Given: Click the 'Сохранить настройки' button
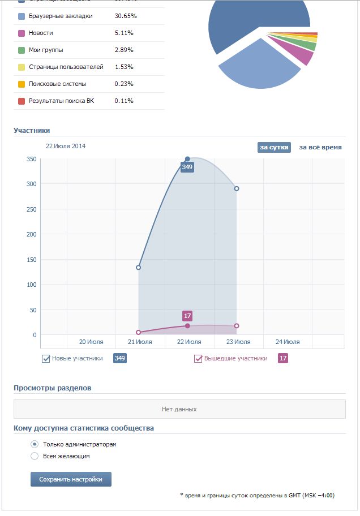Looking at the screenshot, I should (71, 479).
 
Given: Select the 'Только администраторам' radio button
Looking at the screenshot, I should (35, 444).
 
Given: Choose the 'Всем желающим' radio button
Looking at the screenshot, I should (35, 456).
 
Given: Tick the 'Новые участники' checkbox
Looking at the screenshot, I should (46, 359).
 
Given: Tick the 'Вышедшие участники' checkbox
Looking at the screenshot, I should (198, 359).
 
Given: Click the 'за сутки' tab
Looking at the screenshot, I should (275, 147).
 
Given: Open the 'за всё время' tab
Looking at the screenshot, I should (320, 147).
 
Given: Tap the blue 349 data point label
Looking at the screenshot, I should (187, 167).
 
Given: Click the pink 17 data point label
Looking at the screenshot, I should (188, 316).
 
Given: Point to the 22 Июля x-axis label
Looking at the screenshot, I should (189, 342).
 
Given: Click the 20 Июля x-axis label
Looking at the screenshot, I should (91, 342).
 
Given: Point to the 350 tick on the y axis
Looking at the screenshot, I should (31, 159).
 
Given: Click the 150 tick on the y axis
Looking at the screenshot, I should (31, 260).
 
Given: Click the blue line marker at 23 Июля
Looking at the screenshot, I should (237, 188).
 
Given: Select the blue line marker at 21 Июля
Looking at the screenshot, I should (139, 267).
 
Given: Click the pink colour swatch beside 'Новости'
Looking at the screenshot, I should (22, 33).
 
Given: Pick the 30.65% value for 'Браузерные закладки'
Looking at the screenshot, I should (126, 16).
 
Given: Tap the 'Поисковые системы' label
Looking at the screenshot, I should (58, 84).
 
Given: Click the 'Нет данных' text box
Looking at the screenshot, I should (179, 409).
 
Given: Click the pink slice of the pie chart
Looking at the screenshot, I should (301, 54).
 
